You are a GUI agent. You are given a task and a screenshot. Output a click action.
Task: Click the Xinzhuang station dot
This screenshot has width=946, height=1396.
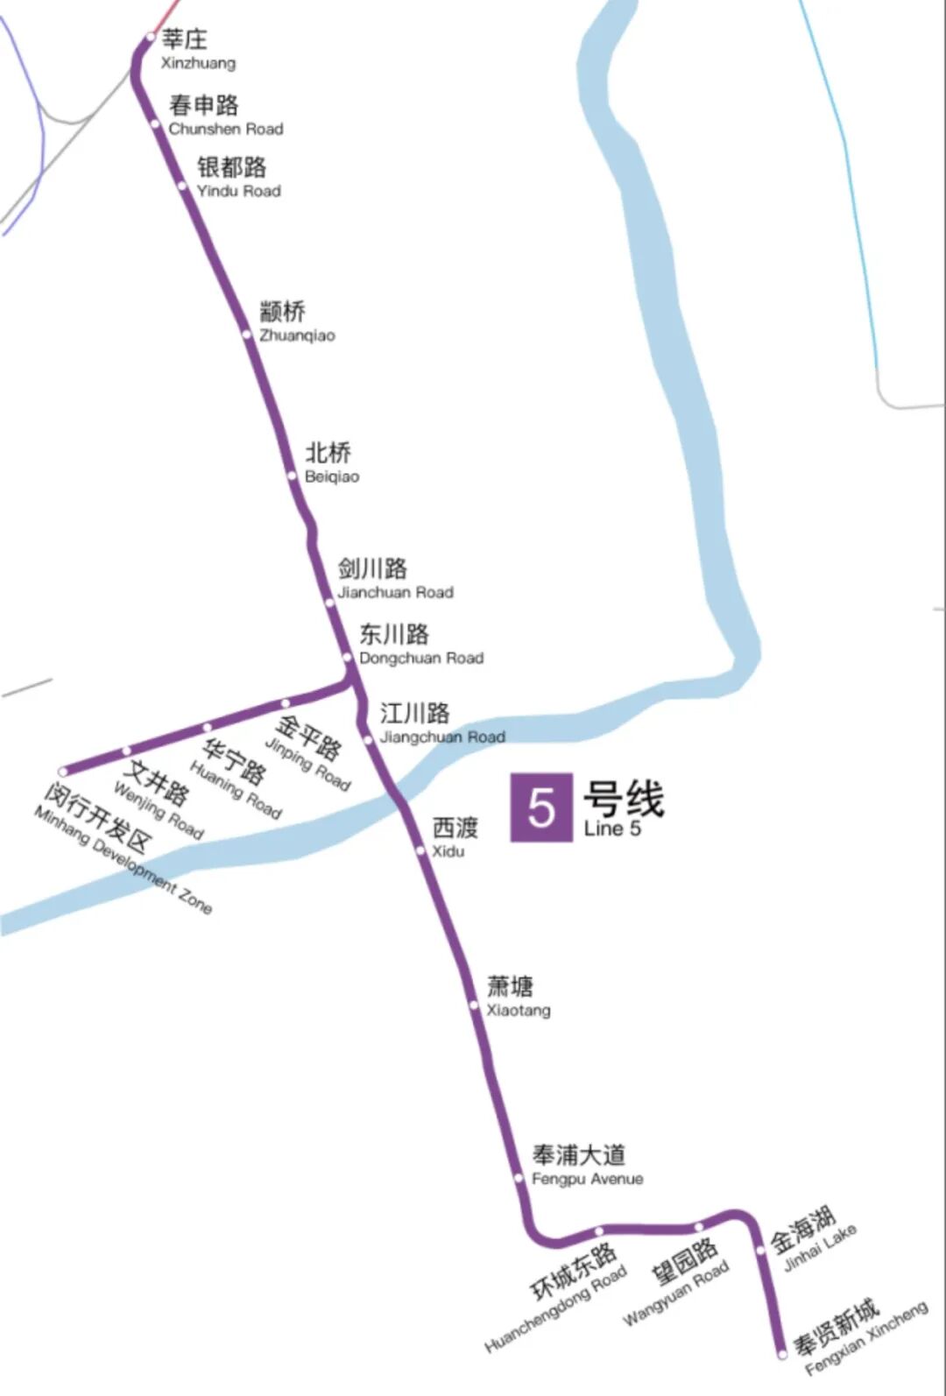[x=150, y=38]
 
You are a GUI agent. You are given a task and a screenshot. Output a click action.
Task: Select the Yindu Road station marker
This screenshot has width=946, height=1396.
[x=182, y=186]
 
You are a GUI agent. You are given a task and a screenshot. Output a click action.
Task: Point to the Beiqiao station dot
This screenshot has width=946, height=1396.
[x=293, y=476]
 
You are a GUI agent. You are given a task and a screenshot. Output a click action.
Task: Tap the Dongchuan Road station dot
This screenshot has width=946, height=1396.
[x=347, y=657]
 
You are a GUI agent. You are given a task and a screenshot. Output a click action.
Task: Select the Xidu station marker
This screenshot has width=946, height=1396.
[x=420, y=850]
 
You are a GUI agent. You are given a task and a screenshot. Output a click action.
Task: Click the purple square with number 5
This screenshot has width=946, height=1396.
[x=541, y=807]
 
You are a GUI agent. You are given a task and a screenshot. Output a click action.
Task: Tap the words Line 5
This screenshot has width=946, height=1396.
[x=612, y=828]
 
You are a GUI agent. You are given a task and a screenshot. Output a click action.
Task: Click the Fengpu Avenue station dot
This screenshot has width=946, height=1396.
[x=519, y=1179]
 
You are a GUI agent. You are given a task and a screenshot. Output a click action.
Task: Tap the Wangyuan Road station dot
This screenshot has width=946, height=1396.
[x=699, y=1227]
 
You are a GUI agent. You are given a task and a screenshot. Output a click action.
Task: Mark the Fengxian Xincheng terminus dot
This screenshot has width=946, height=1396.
[x=782, y=1354]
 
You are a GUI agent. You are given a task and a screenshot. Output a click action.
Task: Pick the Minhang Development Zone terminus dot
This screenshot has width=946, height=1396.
[x=63, y=772]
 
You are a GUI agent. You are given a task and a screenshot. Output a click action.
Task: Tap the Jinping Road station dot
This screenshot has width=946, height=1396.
[x=285, y=703]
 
